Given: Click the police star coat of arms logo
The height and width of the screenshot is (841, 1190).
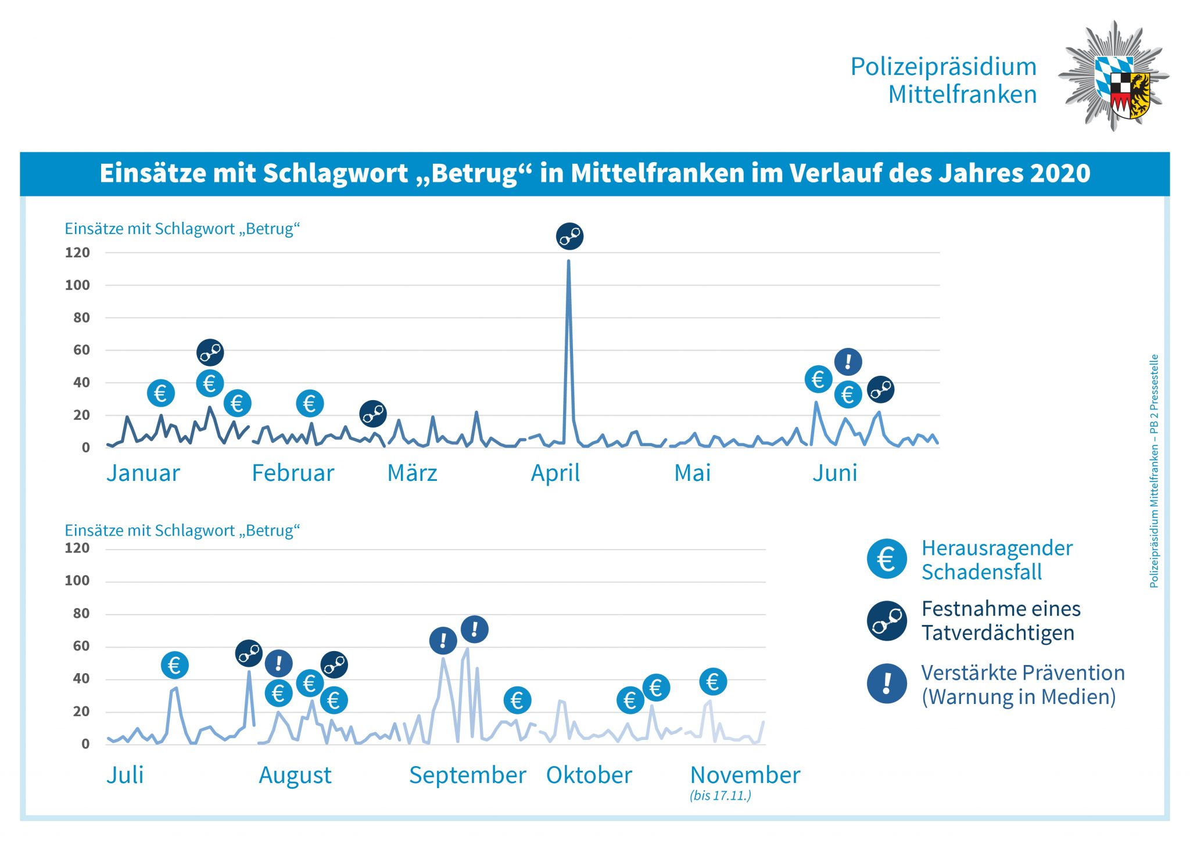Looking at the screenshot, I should point(1113,76).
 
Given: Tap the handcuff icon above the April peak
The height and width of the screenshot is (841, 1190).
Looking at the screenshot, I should point(569,236).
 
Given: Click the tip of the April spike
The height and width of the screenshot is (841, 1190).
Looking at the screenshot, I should point(568,261).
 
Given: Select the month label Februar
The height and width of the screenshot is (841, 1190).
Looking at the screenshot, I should point(293,473).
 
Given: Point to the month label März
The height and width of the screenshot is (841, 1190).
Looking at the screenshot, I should point(412,473).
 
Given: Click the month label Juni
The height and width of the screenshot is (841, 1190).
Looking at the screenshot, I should point(834,473).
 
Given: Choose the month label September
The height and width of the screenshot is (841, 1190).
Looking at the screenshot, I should point(467,775).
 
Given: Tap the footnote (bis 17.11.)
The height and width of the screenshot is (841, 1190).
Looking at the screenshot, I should point(721,796).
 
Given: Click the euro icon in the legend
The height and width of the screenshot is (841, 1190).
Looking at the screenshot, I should point(887,559).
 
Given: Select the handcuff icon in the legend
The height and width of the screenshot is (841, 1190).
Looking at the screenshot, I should point(887,621).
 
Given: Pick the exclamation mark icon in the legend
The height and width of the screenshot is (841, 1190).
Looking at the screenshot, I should point(887,683).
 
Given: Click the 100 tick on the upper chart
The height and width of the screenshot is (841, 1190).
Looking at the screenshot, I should point(77,285).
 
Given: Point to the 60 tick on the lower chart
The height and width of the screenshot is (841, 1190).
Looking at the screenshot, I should point(81,646).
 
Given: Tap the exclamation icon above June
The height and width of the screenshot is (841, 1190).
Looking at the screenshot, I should point(848,362).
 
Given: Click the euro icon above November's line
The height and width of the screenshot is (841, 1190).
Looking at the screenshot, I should point(713,681).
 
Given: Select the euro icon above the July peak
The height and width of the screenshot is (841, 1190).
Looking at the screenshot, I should point(174,665).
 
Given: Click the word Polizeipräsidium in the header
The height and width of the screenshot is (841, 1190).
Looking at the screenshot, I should point(943,67).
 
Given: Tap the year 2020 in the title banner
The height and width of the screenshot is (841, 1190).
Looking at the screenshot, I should point(1060,173).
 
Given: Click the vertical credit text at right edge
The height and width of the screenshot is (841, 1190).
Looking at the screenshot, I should point(1154,470).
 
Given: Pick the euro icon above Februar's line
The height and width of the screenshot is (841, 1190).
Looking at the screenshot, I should point(310,403).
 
